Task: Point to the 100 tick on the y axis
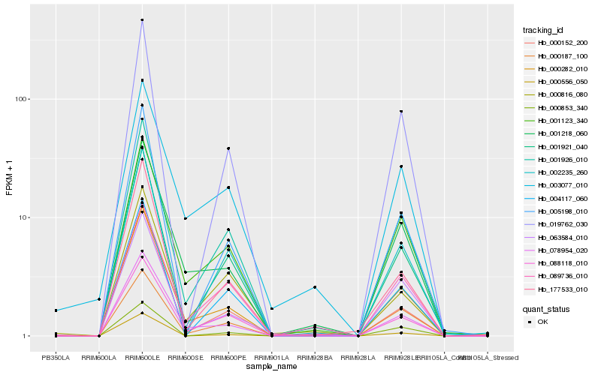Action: coord(20,99)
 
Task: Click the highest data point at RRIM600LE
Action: coord(142,20)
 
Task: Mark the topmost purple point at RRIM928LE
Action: coord(401,112)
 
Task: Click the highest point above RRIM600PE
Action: coord(228,148)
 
